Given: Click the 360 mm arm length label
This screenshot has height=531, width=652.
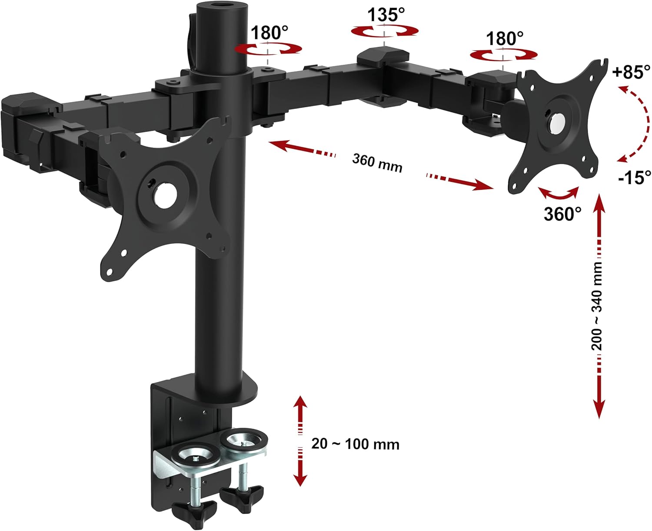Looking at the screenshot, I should pyautogui.click(x=377, y=163).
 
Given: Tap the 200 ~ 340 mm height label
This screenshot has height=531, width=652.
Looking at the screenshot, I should pyautogui.click(x=597, y=306).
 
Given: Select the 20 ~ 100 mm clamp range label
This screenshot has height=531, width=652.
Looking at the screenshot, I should pyautogui.click(x=355, y=444).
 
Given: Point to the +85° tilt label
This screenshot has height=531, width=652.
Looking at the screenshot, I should pyautogui.click(x=631, y=72).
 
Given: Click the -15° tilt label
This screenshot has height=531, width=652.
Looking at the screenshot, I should pyautogui.click(x=634, y=177).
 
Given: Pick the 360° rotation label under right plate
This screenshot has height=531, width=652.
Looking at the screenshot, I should pyautogui.click(x=562, y=214).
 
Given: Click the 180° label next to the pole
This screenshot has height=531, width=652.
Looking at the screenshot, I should pyautogui.click(x=269, y=33).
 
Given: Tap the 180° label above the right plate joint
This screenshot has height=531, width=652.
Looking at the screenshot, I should pyautogui.click(x=504, y=39).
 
